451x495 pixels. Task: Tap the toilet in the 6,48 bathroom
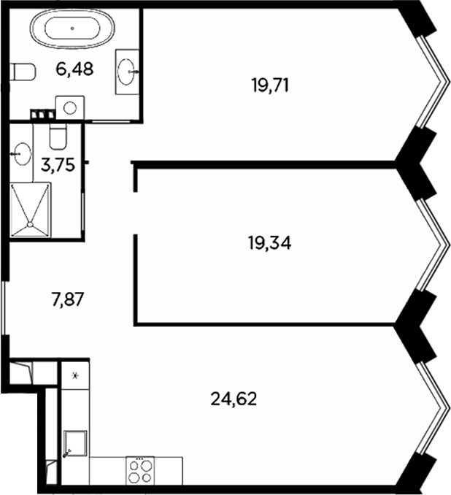pyautogui.click(x=23, y=72)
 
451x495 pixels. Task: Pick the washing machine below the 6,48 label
pyautogui.click(x=70, y=107)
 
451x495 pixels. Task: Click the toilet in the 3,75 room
pyautogui.click(x=57, y=134)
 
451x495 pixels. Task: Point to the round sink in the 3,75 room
pyautogui.click(x=23, y=155)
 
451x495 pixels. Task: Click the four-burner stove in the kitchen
pyautogui.click(x=140, y=469)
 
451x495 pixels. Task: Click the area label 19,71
pyautogui.click(x=270, y=85)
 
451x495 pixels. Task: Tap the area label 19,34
pyautogui.click(x=269, y=243)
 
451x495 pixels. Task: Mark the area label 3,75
pyautogui.click(x=56, y=165)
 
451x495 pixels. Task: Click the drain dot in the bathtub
pyautogui.click(x=72, y=28)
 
